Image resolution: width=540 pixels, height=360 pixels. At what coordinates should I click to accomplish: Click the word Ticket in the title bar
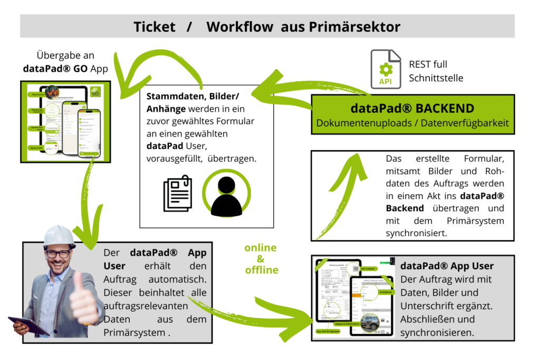point(154,27)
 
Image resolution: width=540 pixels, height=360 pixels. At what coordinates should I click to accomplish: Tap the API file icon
point(385,68)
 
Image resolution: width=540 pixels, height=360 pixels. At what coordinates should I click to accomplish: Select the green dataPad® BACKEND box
point(412,114)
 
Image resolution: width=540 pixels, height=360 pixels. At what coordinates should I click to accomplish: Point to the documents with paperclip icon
point(178,194)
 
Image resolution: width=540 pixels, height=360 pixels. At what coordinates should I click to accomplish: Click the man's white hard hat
point(59,235)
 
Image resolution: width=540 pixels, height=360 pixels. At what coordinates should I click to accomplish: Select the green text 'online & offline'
point(261,259)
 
